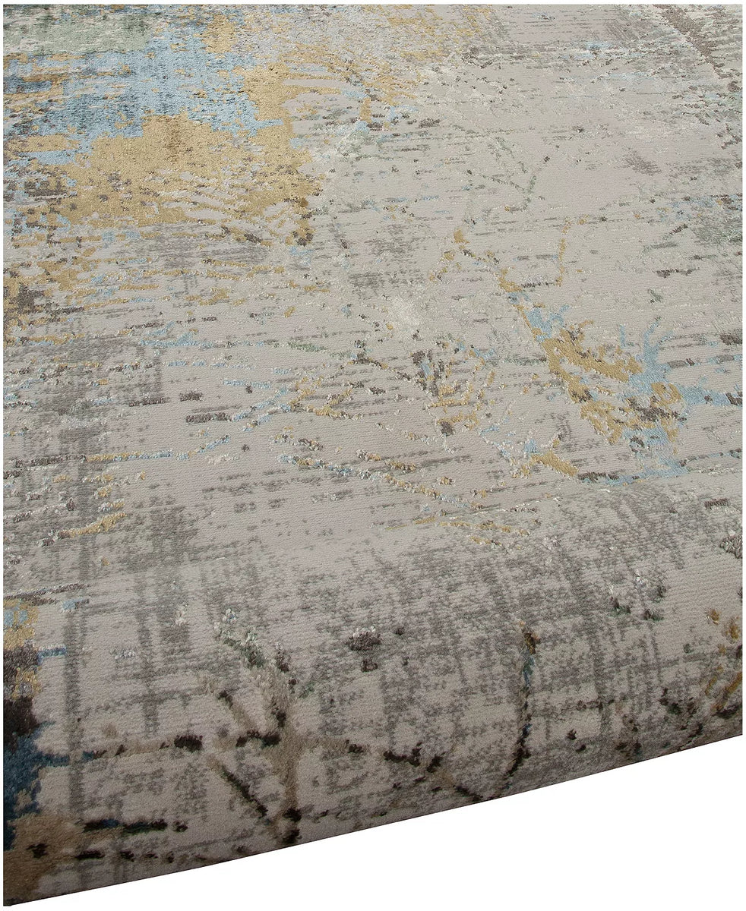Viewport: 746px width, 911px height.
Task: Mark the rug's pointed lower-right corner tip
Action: tap(740, 733)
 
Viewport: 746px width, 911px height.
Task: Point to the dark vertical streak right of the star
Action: tap(524, 706)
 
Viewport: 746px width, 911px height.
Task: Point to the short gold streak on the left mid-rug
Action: tap(99, 524)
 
